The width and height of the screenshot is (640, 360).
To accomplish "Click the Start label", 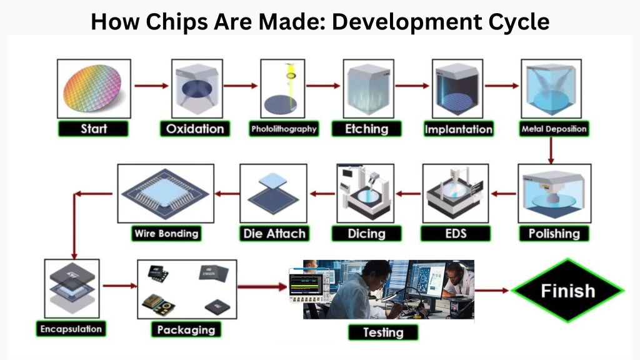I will point(94,129).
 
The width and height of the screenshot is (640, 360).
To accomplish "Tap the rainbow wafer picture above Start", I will point(94,89).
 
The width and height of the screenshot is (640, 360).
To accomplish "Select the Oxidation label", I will point(194,129).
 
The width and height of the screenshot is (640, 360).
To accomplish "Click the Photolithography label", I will point(283,129).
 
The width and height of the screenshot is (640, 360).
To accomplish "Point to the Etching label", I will point(367,129).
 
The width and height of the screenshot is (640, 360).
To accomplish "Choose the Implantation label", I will point(458,130).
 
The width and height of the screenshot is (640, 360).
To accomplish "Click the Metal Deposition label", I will point(554,129).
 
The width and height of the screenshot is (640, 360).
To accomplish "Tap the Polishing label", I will point(554,234).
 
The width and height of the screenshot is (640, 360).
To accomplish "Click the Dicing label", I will point(366,234).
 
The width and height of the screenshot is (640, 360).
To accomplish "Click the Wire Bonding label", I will point(166,234).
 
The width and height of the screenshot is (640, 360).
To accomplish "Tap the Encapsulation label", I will point(71,329).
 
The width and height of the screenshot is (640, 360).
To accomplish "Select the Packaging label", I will point(186,329).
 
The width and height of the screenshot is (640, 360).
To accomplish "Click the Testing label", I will point(383,332).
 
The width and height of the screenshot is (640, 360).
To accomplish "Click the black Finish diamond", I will point(567,291).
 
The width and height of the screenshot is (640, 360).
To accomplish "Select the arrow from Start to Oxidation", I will point(151,86).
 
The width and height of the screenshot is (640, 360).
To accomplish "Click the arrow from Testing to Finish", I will point(492,290).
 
